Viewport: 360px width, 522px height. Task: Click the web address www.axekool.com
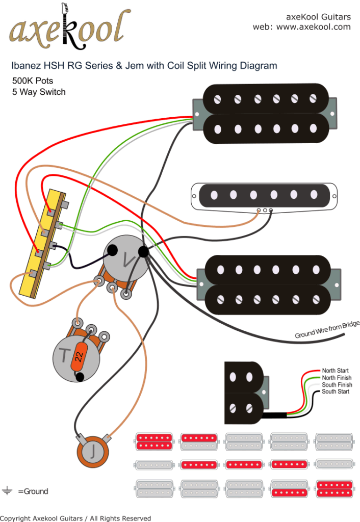(313, 27)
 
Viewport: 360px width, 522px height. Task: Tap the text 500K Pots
(33, 81)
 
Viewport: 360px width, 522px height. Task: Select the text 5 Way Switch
(39, 92)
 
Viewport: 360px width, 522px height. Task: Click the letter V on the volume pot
(126, 259)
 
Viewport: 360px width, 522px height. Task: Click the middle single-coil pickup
(264, 195)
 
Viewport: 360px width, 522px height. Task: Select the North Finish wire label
(337, 378)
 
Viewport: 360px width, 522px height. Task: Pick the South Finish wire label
(337, 385)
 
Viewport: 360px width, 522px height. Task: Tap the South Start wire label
(336, 391)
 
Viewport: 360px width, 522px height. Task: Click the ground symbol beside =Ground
(7, 491)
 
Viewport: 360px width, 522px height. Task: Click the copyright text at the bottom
(75, 518)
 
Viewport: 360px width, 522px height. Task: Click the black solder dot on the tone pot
(80, 377)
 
